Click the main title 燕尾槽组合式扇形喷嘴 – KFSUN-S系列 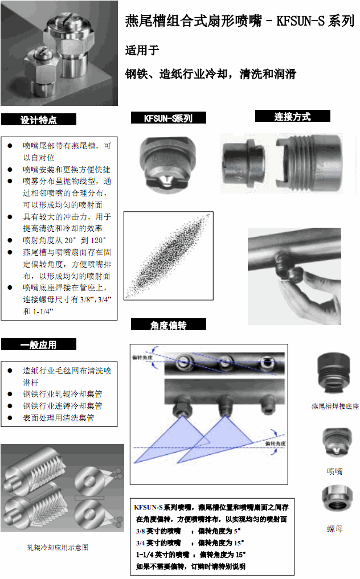pos(239,22)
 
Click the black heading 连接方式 pos(292,116)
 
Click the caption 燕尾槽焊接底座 pos(335,406)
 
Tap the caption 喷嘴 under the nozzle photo pos(335,471)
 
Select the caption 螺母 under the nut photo pos(335,529)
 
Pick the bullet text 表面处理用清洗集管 pos(58,418)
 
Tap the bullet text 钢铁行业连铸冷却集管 pos(62,406)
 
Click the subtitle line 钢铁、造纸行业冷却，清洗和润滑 pos(210,74)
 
